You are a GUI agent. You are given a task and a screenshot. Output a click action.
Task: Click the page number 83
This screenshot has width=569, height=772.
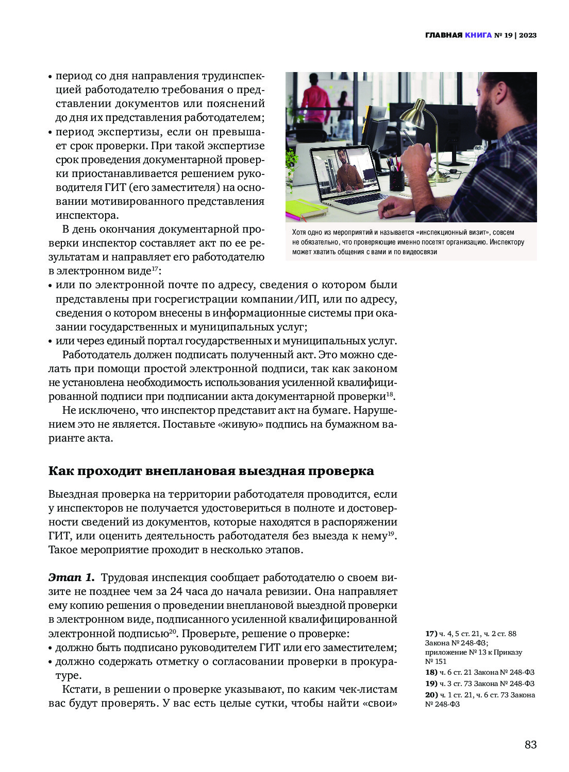click(530, 744)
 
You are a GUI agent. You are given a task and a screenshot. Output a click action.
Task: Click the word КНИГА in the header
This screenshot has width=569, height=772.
click(478, 35)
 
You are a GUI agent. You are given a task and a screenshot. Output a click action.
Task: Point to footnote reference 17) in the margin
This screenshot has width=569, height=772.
click(431, 634)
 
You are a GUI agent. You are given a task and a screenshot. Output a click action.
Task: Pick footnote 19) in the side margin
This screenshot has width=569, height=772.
click(431, 683)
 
